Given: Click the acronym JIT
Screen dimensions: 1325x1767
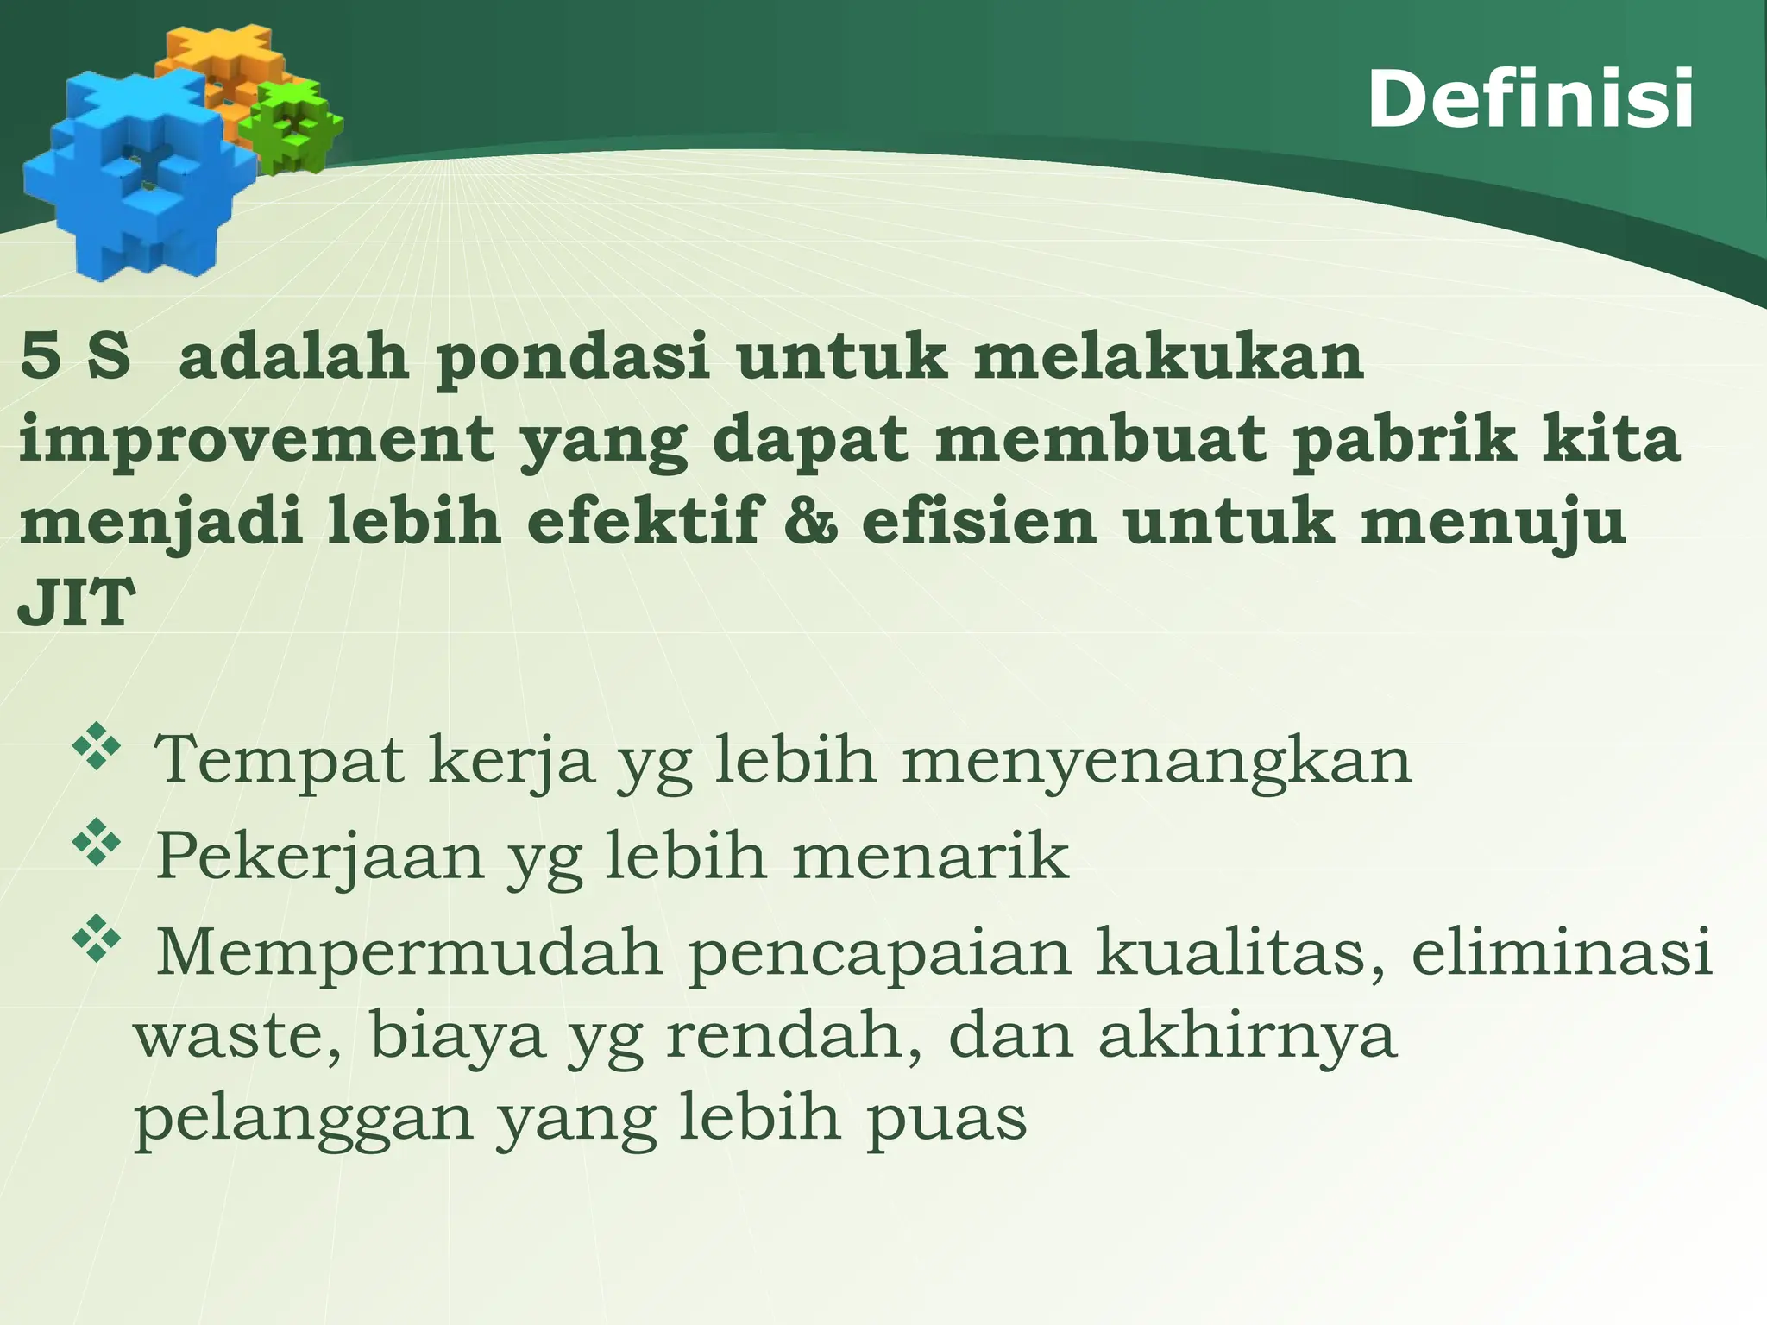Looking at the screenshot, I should (x=76, y=603).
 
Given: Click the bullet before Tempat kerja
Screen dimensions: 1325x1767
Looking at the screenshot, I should (x=97, y=747).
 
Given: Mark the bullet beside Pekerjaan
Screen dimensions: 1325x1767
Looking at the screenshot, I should (x=97, y=842).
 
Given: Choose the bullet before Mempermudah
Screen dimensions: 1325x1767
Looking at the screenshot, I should (x=97, y=938).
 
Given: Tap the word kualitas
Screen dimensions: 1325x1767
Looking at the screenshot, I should (x=1241, y=951).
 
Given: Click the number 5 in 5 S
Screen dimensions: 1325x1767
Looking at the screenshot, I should (x=41, y=357).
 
